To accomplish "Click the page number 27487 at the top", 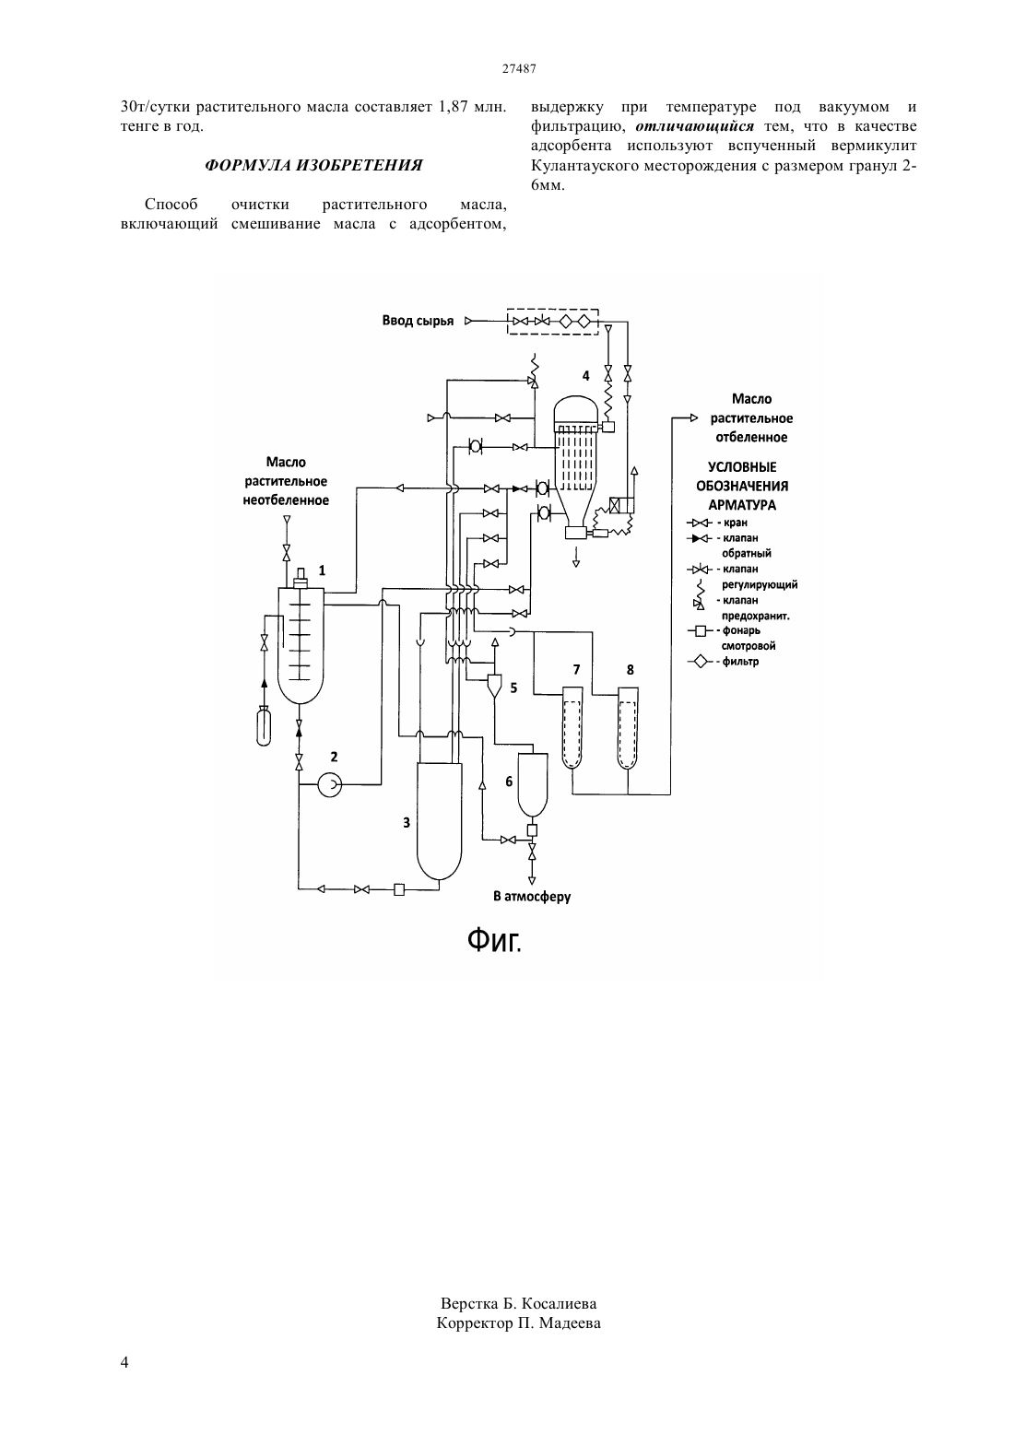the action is click(x=519, y=69).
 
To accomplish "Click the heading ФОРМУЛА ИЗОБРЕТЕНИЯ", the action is click(x=313, y=165).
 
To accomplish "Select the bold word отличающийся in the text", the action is click(x=694, y=126).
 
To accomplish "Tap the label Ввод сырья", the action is click(x=418, y=321).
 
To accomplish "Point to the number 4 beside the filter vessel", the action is click(x=585, y=376).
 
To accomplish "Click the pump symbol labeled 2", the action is click(x=330, y=784).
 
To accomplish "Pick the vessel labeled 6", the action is click(x=533, y=785).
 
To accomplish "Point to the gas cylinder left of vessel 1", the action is click(x=263, y=725).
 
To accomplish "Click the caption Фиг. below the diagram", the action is click(x=494, y=940).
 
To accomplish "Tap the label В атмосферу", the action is click(x=532, y=896).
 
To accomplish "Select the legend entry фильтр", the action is click(x=740, y=662).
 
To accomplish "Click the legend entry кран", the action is click(x=736, y=523).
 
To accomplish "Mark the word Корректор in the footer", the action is click(x=475, y=1323).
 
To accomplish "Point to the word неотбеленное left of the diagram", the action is click(x=286, y=500).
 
